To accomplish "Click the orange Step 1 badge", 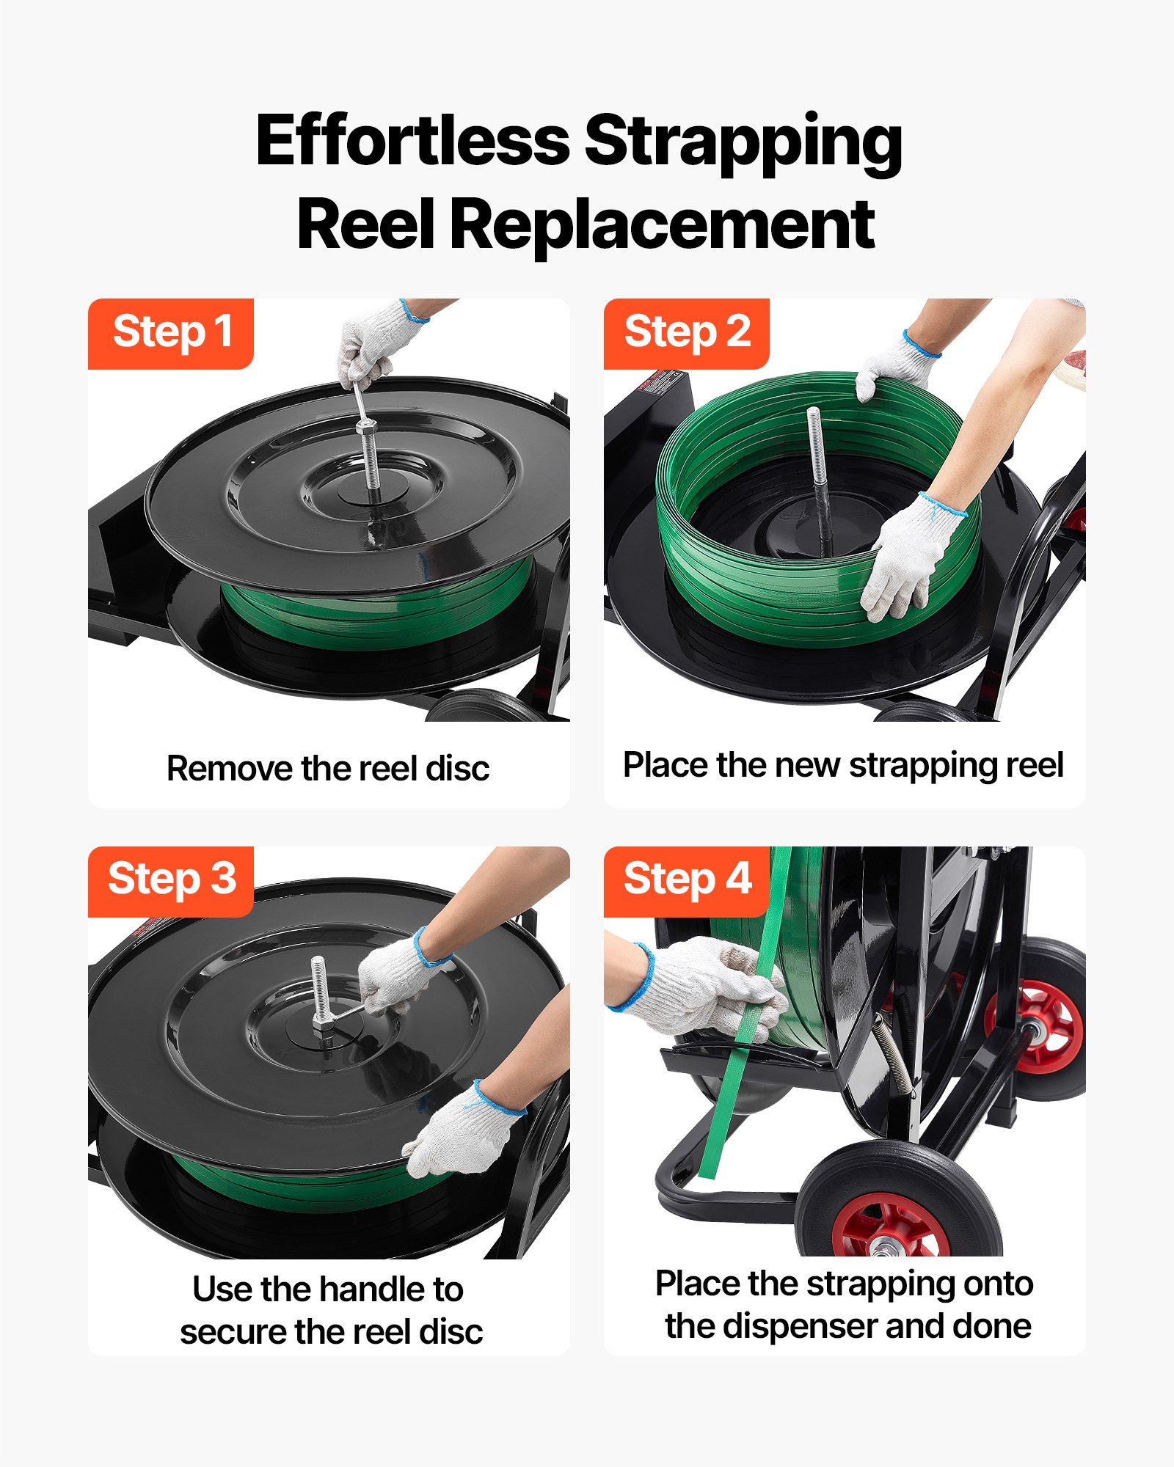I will click(x=171, y=333).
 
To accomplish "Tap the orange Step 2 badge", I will click(x=686, y=333).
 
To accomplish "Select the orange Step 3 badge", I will click(x=171, y=880).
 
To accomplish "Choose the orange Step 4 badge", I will click(x=686, y=880).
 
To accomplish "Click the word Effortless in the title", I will click(x=412, y=141).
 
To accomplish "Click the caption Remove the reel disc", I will click(x=328, y=769).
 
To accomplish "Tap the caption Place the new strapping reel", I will click(x=843, y=765).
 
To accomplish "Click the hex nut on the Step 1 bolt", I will click(x=366, y=428).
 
